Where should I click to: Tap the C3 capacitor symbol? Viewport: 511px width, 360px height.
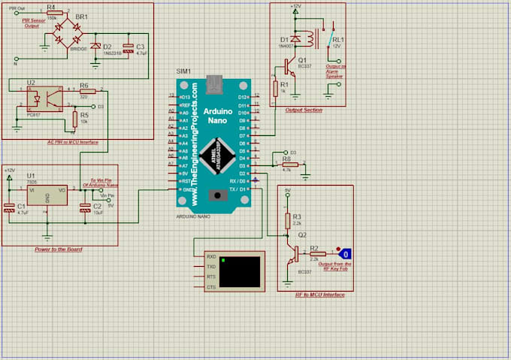(x=129, y=47)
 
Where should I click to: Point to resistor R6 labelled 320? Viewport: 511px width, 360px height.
(x=83, y=89)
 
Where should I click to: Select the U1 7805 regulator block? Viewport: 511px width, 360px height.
(x=47, y=195)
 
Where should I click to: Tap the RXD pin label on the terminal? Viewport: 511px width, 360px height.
(x=212, y=256)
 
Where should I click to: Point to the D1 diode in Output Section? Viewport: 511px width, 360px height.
(x=296, y=38)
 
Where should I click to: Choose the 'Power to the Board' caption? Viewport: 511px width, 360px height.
(x=59, y=249)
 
